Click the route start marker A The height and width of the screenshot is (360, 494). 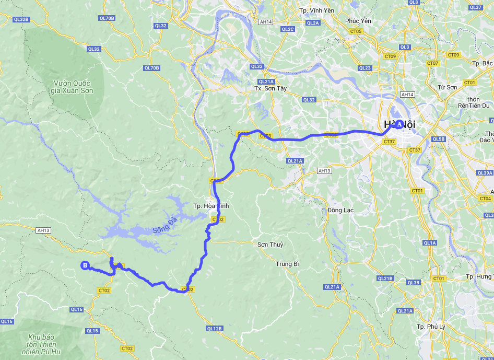(399, 124)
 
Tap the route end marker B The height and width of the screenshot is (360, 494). (85, 265)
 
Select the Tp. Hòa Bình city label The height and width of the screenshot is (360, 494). (210, 206)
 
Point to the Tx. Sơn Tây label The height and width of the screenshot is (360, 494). (270, 88)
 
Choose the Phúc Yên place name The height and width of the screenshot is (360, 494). (358, 21)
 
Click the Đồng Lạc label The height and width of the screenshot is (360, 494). (340, 210)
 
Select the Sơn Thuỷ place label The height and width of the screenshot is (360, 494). (270, 245)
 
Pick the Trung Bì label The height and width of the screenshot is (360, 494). (287, 264)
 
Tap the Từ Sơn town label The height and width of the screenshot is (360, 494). (448, 87)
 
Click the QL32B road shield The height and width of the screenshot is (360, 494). (21, 19)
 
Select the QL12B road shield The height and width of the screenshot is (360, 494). (214, 329)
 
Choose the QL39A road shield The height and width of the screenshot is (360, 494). (485, 173)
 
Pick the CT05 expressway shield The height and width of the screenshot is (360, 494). (356, 32)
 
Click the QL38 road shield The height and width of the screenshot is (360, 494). (413, 283)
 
